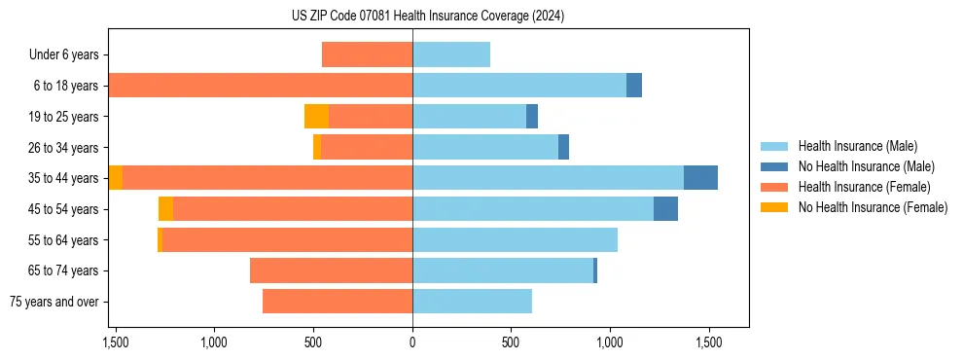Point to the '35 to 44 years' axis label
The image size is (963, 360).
click(x=64, y=178)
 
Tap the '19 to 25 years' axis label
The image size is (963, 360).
click(x=64, y=117)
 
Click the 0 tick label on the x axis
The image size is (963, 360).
click(x=412, y=342)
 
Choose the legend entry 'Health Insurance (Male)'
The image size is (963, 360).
click(x=852, y=146)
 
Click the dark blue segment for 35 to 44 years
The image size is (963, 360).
click(x=700, y=178)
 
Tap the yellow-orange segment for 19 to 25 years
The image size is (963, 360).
click(x=316, y=117)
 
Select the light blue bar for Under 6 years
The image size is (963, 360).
click(x=451, y=54)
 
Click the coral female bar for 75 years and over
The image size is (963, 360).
click(x=338, y=302)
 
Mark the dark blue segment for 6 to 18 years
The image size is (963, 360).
click(x=634, y=86)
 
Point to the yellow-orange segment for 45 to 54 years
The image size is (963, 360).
click(x=165, y=209)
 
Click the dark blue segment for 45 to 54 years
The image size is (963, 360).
click(x=665, y=209)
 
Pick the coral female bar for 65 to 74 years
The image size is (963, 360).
click(x=331, y=270)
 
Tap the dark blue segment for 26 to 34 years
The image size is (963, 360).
click(x=563, y=147)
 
